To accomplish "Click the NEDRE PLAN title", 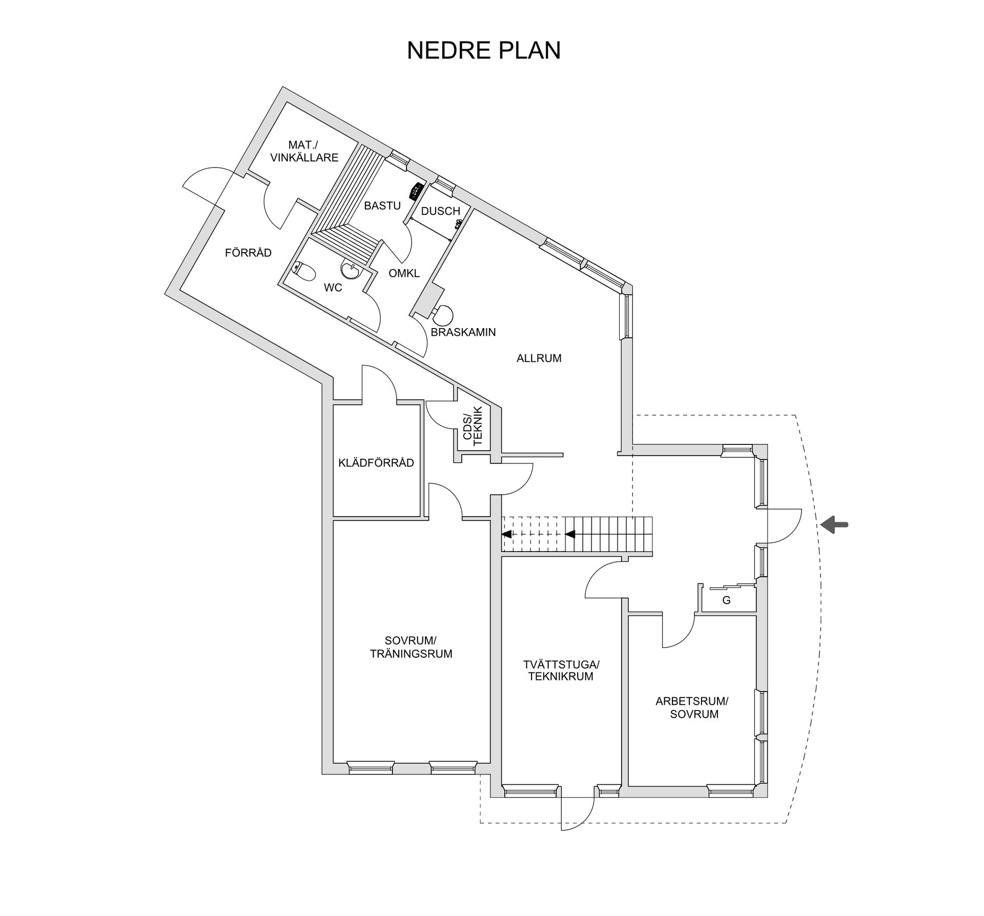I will (x=483, y=50).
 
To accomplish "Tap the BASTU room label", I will (x=382, y=206).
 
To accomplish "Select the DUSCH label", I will (x=440, y=211).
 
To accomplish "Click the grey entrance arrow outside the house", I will (x=834, y=524).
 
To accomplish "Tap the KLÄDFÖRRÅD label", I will (x=376, y=463).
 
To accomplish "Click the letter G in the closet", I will (x=726, y=600).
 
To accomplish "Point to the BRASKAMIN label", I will (x=463, y=332).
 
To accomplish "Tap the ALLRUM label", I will (x=539, y=358).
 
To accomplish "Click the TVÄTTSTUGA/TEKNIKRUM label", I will (x=561, y=670).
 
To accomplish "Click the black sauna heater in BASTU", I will (x=416, y=191).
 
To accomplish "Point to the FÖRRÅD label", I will (x=248, y=253).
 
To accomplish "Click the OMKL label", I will (x=404, y=273).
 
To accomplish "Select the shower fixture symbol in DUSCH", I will (x=458, y=223).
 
